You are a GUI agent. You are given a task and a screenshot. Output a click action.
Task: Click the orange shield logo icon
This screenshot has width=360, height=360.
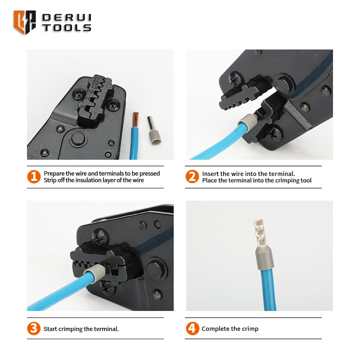[x=25, y=22]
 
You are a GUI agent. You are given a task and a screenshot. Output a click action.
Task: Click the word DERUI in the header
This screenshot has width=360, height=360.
[x=67, y=18]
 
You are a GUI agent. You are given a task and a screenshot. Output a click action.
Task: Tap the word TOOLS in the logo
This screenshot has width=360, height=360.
[x=67, y=28]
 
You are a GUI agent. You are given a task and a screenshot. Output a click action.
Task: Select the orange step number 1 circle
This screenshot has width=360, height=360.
[x=34, y=177]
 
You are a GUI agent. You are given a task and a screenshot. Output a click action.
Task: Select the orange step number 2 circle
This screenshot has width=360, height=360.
[x=192, y=176]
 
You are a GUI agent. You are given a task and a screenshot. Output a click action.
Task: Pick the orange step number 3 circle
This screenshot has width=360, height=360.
[x=34, y=328]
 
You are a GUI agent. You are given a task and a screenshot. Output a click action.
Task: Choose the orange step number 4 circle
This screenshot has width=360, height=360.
[x=193, y=328]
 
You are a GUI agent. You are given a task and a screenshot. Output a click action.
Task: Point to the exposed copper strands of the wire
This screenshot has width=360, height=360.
[x=135, y=119]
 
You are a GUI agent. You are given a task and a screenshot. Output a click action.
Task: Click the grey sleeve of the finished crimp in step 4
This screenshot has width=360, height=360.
[x=265, y=257]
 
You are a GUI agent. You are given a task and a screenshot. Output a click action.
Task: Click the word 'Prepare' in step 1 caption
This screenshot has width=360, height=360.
[x=54, y=174]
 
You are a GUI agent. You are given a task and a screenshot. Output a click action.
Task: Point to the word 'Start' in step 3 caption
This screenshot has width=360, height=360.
[x=50, y=329]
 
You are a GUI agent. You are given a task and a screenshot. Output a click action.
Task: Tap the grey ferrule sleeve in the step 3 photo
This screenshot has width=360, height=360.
[x=95, y=274]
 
